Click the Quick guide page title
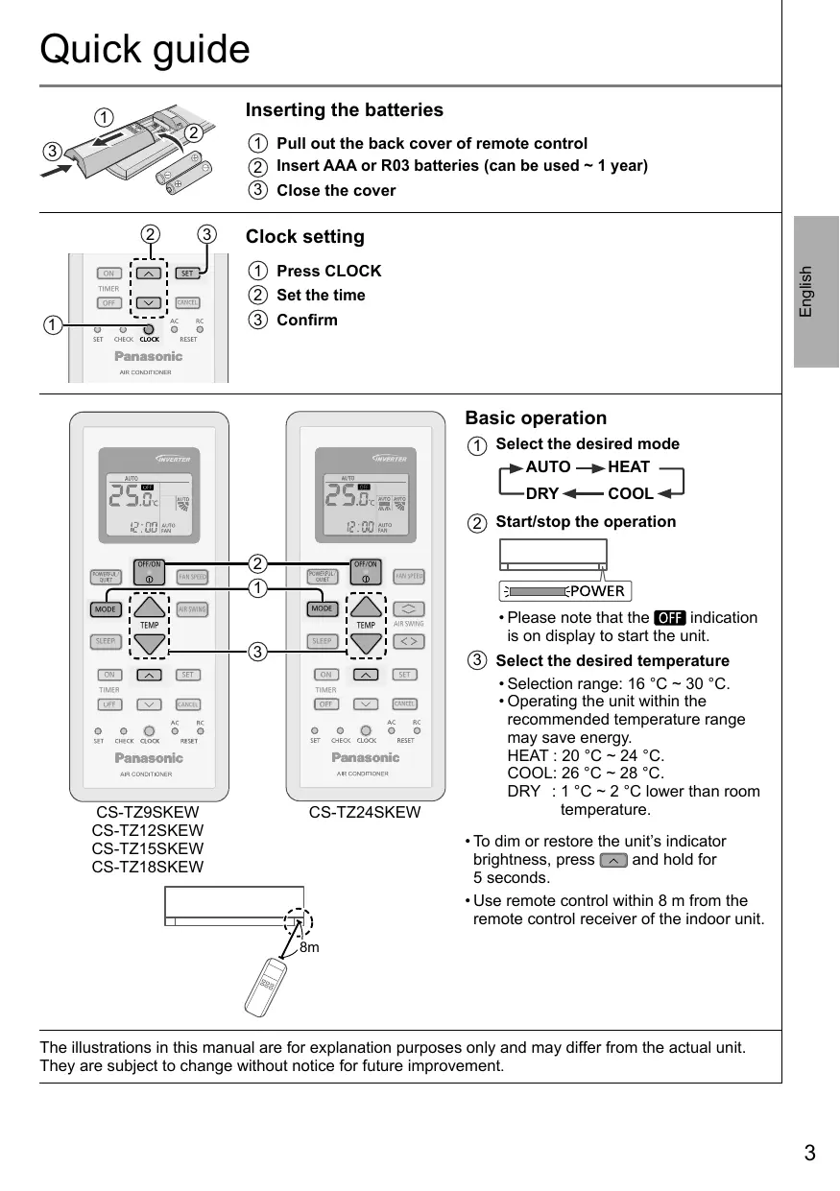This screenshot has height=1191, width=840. coord(145,49)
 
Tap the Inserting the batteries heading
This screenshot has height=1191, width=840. coord(345,110)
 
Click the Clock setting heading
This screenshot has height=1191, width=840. coord(305,237)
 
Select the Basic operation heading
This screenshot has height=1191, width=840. coord(536,418)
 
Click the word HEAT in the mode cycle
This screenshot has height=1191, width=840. coord(629,467)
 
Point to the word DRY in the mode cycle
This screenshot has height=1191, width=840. coord(542,494)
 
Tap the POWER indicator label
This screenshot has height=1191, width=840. coord(597,591)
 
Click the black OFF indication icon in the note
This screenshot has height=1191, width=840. coord(668,617)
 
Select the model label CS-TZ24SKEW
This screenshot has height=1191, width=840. coord(365,813)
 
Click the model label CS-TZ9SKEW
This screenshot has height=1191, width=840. coord(148,813)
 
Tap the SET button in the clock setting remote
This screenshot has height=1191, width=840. coord(188,274)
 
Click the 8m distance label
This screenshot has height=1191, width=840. coord(308,948)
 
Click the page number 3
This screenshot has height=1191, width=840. coord(809,1154)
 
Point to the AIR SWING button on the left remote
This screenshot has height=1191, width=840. coord(192,609)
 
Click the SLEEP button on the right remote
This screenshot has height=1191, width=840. coord(323,640)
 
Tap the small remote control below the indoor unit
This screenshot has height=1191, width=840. coord(267,986)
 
